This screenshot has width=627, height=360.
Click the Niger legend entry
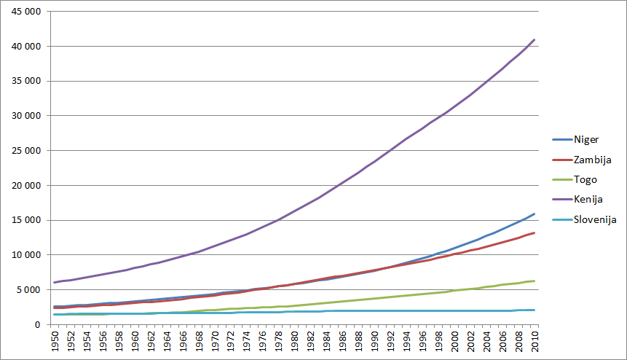coord(585,139)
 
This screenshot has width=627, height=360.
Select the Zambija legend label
coord(591,159)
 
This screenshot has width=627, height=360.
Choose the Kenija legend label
coord(587,199)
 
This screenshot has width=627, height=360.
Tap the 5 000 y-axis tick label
coord(33,290)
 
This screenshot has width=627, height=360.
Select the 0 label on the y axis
coord(44,324)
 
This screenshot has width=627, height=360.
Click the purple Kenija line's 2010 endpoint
coord(535,39)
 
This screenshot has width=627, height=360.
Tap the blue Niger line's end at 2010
coord(535,214)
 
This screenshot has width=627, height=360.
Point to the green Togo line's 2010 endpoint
coord(535,281)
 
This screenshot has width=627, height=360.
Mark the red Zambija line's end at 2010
coord(535,233)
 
